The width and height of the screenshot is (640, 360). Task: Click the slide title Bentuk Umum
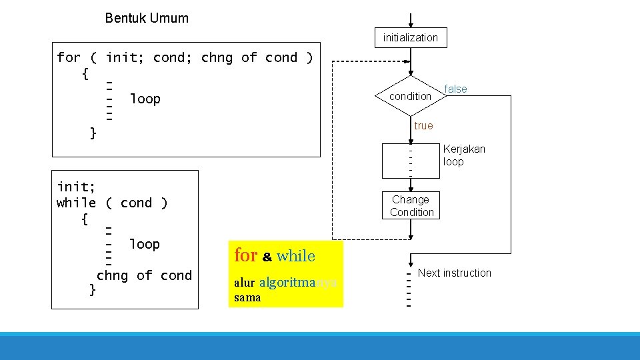[147, 18]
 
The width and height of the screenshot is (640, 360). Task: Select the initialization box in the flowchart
[411, 38]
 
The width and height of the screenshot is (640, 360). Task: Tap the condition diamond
[410, 96]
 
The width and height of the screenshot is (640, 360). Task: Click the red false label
[456, 89]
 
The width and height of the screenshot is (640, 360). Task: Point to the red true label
[423, 125]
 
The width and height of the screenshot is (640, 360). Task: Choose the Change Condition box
[411, 206]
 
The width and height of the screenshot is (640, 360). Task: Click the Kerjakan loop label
[464, 155]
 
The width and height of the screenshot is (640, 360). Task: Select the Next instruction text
[454, 273]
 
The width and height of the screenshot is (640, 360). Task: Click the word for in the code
[69, 57]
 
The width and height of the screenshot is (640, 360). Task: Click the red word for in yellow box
[245, 255]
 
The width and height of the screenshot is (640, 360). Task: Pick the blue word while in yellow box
[295, 255]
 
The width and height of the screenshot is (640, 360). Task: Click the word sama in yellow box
[247, 297]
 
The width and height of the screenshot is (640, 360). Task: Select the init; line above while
[76, 186]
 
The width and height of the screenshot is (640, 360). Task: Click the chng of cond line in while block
[144, 275]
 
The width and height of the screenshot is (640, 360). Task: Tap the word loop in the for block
[145, 99]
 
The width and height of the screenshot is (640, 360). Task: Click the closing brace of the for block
[93, 133]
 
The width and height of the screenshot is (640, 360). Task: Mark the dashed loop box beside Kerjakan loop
[411, 161]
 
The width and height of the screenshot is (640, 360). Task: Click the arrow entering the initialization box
[411, 21]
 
